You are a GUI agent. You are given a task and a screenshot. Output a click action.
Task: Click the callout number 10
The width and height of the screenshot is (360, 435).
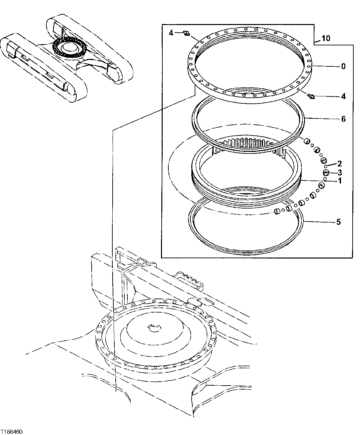click(326, 38)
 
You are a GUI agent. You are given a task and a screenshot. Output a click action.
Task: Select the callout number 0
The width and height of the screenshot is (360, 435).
click(343, 66)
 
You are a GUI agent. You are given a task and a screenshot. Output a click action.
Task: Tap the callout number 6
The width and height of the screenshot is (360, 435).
click(343, 119)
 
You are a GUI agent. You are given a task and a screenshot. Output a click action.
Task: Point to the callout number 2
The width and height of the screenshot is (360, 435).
click(340, 163)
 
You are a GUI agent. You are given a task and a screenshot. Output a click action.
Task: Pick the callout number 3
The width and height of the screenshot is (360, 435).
click(340, 172)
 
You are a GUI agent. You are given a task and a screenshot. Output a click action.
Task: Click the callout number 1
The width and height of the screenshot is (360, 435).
click(340, 181)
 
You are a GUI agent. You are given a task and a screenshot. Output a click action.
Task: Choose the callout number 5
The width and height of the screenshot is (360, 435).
click(338, 222)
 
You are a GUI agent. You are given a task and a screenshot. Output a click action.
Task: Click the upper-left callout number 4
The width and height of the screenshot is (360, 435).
click(171, 33)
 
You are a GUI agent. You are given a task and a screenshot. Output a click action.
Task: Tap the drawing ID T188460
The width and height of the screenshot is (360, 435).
click(12, 431)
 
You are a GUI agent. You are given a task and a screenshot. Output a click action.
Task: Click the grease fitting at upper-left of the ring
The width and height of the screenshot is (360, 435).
click(187, 33)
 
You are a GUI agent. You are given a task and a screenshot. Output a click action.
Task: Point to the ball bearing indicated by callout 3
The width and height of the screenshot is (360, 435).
click(326, 172)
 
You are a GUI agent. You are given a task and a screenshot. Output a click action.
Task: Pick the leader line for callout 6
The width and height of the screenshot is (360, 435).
click(323, 119)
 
